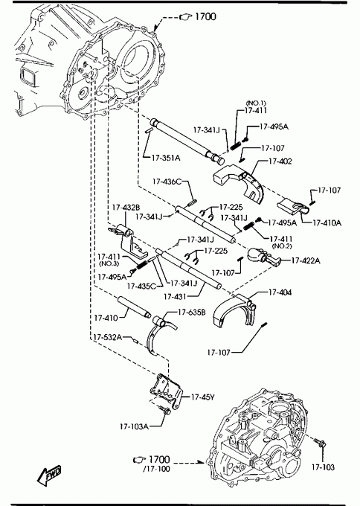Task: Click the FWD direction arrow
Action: point(48,475)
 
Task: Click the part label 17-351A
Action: point(166,158)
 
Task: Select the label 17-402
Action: point(280,161)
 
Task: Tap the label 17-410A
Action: point(327,222)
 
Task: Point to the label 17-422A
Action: point(306,260)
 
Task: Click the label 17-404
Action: point(280,292)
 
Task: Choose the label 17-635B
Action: point(192,312)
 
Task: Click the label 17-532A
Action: point(108,337)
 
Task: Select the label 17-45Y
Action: point(202,397)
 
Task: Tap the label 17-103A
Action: point(134,426)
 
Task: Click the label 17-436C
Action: point(167,182)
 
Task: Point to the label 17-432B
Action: point(126,207)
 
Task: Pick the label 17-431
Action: point(175,296)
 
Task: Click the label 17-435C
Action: point(141,286)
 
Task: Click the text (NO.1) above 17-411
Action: point(256,103)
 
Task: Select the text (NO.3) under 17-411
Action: point(109,263)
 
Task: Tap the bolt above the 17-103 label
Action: point(321,443)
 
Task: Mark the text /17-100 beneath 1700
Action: point(156,469)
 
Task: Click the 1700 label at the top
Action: point(205,16)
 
